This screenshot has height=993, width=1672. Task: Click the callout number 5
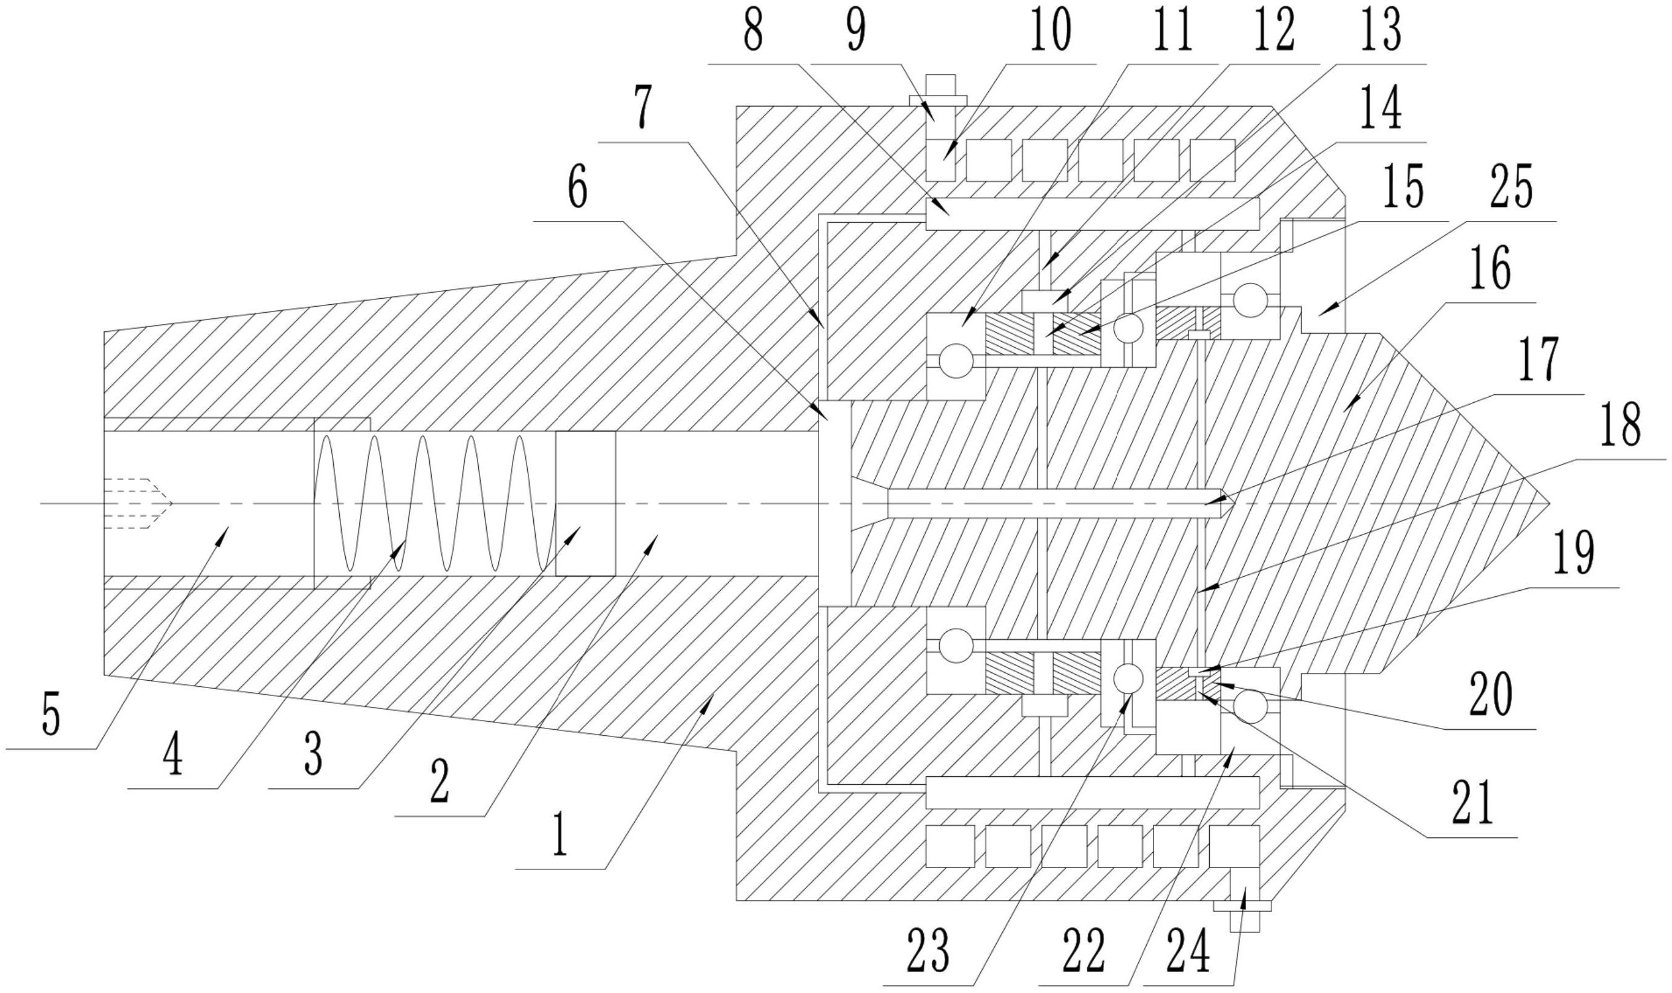pyautogui.click(x=51, y=714)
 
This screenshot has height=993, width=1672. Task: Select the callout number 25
pyautogui.click(x=1512, y=188)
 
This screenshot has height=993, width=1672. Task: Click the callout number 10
pyautogui.click(x=1050, y=31)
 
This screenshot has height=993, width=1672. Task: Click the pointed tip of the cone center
pyautogui.click(x=1550, y=503)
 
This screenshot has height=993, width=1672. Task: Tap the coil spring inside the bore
pyautogui.click(x=435, y=503)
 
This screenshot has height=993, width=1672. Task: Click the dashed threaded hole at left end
pyautogui.click(x=138, y=503)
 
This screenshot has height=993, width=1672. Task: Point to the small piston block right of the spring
pyautogui.click(x=585, y=503)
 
